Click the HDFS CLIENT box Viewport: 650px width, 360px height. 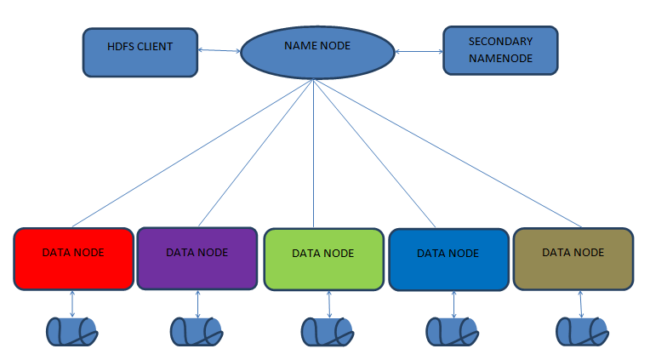(140, 51)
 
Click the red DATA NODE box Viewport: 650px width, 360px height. (73, 259)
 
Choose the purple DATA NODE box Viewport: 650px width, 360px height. (197, 258)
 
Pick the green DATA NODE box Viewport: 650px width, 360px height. (322, 260)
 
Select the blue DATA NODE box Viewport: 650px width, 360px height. (448, 260)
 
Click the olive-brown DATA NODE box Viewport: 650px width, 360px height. (573, 259)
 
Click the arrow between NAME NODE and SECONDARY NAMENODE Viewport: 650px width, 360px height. (419, 52)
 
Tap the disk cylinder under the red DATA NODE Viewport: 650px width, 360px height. (72, 331)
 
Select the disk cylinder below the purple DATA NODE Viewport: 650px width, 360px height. (197, 331)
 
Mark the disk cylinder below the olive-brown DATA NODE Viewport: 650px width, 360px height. (581, 331)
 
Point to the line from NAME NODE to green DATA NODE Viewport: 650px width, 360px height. (314, 153)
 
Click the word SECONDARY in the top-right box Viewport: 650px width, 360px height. (500, 41)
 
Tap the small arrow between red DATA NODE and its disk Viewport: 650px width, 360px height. (72, 304)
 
